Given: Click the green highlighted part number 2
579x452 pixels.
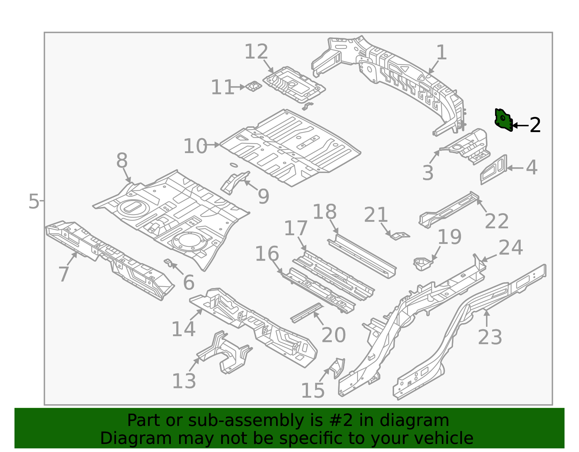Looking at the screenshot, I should tap(503, 120).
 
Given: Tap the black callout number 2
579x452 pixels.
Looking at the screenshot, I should tap(535, 125).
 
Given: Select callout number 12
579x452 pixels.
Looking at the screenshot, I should tap(256, 52).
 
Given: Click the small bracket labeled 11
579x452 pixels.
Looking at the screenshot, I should tap(253, 86).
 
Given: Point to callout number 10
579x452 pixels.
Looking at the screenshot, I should tap(195, 146).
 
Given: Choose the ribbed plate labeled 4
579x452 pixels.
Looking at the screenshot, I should tap(494, 169).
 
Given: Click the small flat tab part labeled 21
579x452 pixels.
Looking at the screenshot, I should tap(400, 236).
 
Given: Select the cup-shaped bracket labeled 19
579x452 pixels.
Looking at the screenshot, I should tap(423, 263).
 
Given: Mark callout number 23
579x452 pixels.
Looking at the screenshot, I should tap(490, 337).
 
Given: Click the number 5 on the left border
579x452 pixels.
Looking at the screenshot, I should tap(33, 201).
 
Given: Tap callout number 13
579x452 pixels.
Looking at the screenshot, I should tap(184, 381).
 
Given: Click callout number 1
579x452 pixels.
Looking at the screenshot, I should tap(441, 53).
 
